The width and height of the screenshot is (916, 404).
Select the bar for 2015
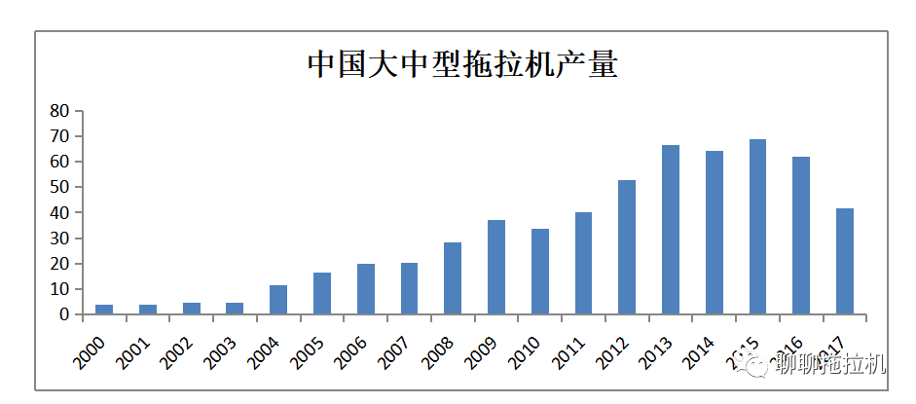[757, 227]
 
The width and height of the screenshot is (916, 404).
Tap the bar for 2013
[671, 230]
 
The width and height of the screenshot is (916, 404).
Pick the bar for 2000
[104, 310]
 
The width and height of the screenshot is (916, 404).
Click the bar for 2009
[496, 267]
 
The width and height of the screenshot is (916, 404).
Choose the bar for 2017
[845, 261]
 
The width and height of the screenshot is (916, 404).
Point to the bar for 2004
[278, 300]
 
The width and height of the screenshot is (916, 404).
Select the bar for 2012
[627, 247]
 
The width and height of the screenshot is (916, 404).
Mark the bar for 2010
[539, 272]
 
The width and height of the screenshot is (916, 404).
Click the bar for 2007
[409, 288]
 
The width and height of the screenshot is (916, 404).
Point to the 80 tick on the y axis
[59, 111]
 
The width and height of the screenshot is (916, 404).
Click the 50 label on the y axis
[59, 187]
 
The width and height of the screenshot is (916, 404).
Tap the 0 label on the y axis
[64, 314]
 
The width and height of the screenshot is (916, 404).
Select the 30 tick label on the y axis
[59, 239]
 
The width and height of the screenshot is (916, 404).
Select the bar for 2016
[801, 236]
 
